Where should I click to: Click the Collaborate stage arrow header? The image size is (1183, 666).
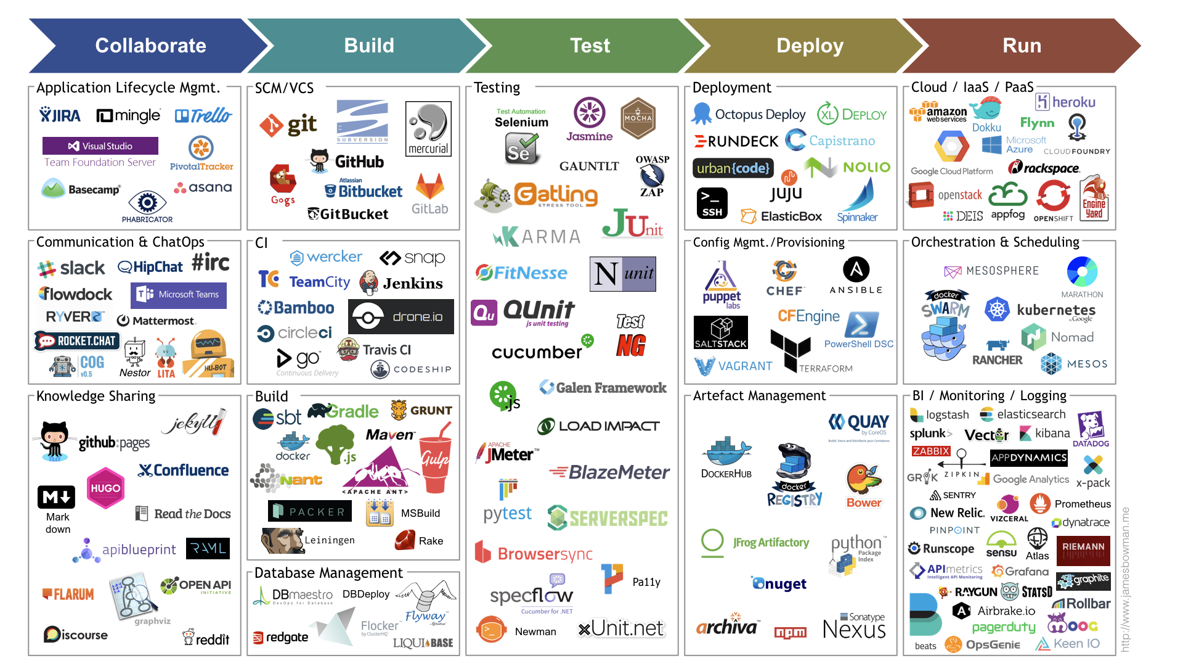150,46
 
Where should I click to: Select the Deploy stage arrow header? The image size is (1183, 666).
810,46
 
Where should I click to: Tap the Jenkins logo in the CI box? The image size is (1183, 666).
402,283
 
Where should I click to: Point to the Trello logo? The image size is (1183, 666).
203,115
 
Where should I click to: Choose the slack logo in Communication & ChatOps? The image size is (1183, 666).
71,268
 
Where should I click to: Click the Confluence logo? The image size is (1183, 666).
184,471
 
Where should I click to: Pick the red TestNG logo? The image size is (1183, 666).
630,337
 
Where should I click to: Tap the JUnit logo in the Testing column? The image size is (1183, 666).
632,224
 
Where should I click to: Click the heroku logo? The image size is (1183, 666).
1065,102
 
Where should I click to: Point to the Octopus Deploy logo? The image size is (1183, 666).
749,115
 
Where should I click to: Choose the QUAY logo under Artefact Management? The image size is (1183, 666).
859,423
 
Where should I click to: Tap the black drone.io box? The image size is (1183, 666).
401,317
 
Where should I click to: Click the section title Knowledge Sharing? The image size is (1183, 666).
96,396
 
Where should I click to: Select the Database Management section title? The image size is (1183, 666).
328,573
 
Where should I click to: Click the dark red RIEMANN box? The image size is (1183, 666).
1083,549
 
